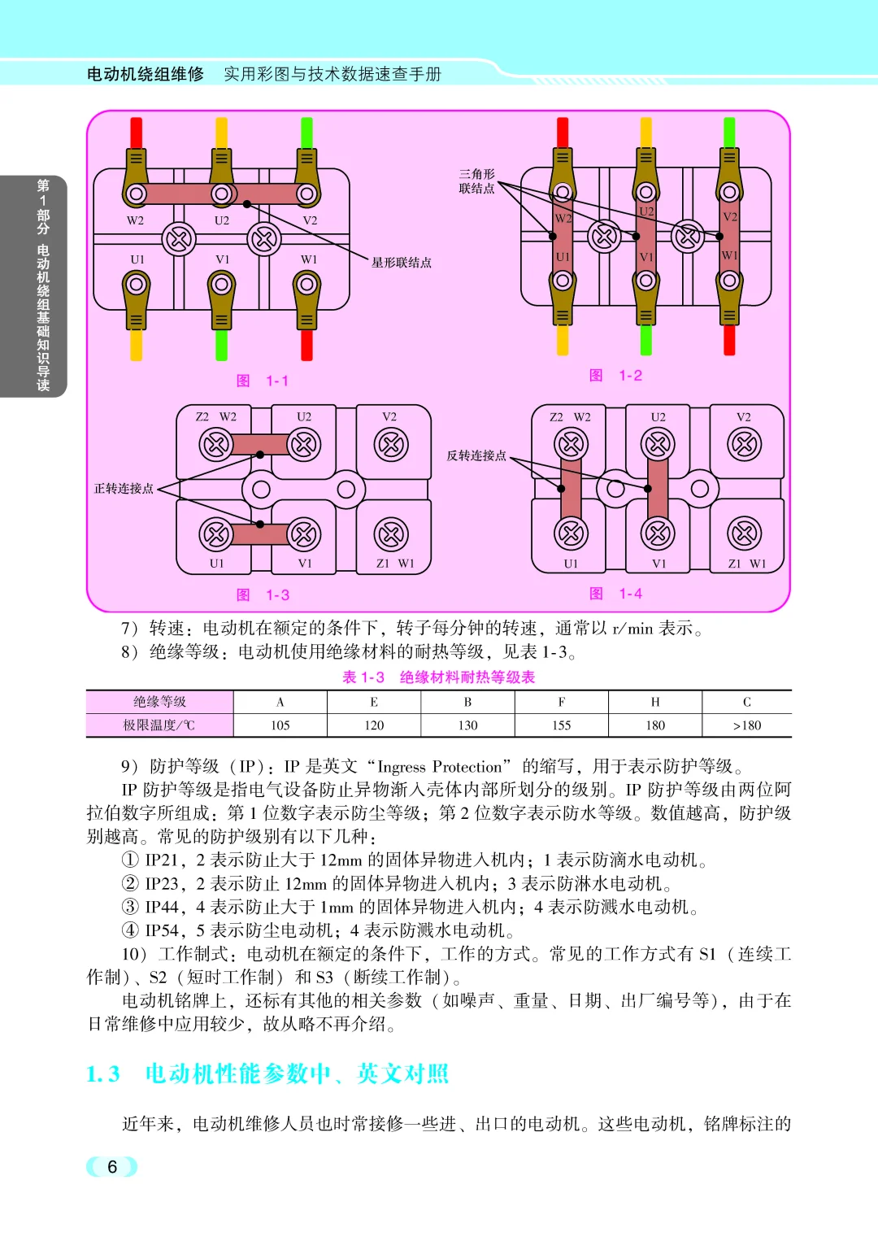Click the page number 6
pyautogui.click(x=112, y=1167)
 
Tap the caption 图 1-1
pyautogui.click(x=263, y=381)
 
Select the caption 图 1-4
pyautogui.click(x=615, y=594)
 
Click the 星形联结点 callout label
pyautogui.click(x=402, y=263)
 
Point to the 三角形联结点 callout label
pyautogui.click(x=476, y=181)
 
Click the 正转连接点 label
pyautogui.click(x=124, y=489)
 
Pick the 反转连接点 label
pyautogui.click(x=476, y=455)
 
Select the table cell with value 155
pyautogui.click(x=562, y=725)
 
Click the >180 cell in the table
pyautogui.click(x=746, y=725)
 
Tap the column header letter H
pyautogui.click(x=655, y=702)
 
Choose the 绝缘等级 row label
pyautogui.click(x=160, y=702)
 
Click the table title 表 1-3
pyautogui.click(x=363, y=677)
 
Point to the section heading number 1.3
pyautogui.click(x=103, y=1074)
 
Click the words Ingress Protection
pyautogui.click(x=440, y=767)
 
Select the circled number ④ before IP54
pyautogui.click(x=130, y=930)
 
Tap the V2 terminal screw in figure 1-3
pyautogui.click(x=391, y=445)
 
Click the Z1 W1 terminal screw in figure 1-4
pyautogui.click(x=745, y=534)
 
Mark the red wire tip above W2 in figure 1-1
pyautogui.click(x=137, y=133)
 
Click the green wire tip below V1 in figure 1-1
pyautogui.click(x=221, y=345)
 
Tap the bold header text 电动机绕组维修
pyautogui.click(x=146, y=74)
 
